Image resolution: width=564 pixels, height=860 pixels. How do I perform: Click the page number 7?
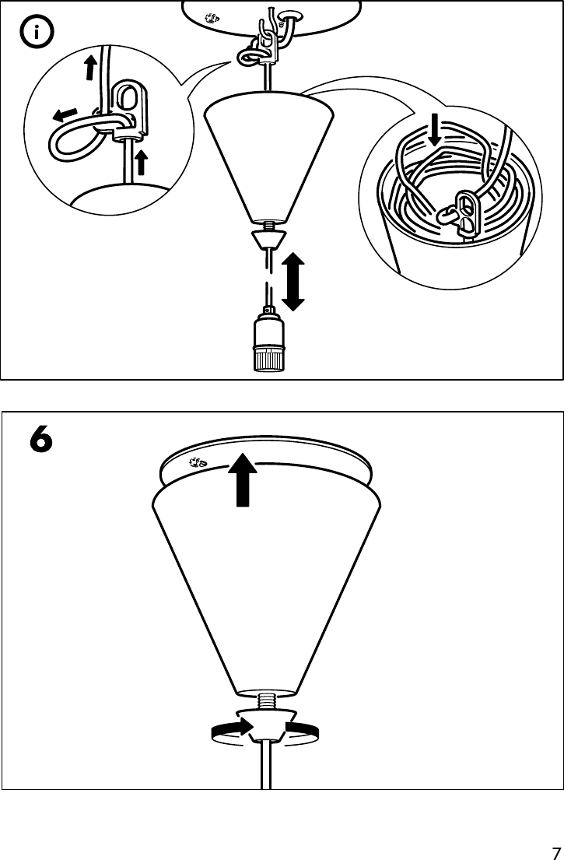pos(555,851)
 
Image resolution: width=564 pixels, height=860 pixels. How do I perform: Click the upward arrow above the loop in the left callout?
pos(90,68)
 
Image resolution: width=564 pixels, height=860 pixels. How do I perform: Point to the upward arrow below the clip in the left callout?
pos(141,163)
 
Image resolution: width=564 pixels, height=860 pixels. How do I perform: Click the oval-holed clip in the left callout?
pos(125,106)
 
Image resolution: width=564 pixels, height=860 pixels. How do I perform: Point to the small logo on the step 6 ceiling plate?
pos(198,463)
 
